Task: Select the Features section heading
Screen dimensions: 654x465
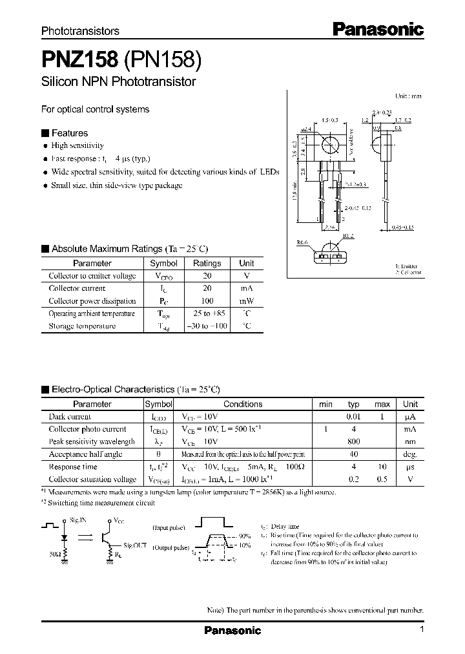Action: (69, 133)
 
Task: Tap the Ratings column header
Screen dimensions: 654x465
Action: (207, 264)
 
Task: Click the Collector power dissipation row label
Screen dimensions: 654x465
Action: (92, 301)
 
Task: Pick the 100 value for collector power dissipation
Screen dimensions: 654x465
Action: (207, 301)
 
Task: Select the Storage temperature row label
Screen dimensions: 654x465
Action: (82, 326)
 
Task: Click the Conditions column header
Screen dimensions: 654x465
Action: (243, 404)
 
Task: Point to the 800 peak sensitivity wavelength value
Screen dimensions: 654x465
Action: (353, 441)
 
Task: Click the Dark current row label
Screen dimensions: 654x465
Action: (70, 417)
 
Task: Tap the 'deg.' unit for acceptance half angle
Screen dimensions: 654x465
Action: (410, 454)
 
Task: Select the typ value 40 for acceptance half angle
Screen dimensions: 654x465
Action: (353, 454)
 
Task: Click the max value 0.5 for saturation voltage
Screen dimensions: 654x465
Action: (382, 480)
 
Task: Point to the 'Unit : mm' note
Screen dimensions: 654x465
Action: (408, 96)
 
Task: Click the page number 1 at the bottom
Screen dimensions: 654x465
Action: (422, 629)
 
